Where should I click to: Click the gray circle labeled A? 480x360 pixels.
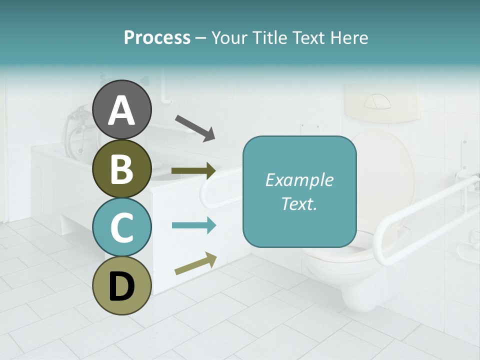pyautogui.click(x=122, y=110)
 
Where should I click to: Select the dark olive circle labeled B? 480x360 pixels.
pyautogui.click(x=122, y=168)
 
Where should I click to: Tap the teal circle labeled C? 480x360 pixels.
pyautogui.click(x=122, y=227)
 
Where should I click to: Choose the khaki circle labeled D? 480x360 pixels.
pyautogui.click(x=122, y=285)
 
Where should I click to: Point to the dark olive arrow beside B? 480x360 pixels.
pyautogui.click(x=193, y=171)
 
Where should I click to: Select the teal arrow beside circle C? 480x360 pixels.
pyautogui.click(x=193, y=225)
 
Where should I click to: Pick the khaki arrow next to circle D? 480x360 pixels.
pyautogui.click(x=195, y=263)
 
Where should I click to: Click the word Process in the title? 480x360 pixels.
pyautogui.click(x=157, y=37)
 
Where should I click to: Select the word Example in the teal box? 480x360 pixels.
pyautogui.click(x=299, y=180)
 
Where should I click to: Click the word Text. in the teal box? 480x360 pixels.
pyautogui.click(x=299, y=203)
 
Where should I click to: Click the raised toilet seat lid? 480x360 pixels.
pyautogui.click(x=385, y=165)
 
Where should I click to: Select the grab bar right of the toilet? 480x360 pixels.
pyautogui.click(x=425, y=220)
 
